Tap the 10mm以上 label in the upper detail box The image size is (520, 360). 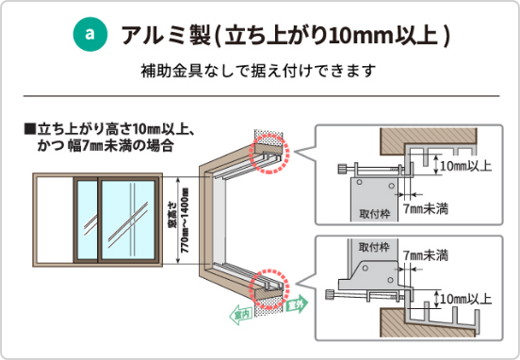pos(465,166)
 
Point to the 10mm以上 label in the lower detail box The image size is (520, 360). pos(465,299)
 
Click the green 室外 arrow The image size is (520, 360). pos(293,304)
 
